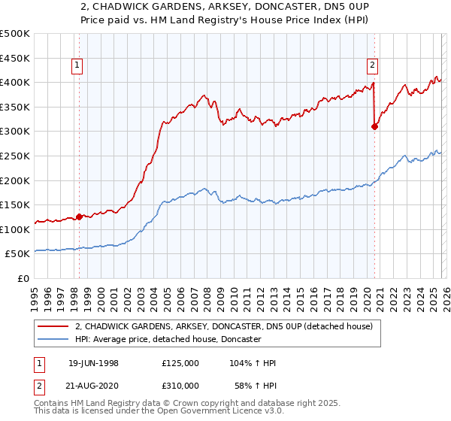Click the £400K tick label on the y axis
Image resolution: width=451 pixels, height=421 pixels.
15,82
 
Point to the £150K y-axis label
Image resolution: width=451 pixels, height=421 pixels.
15,204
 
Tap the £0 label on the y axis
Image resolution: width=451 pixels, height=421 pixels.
23,278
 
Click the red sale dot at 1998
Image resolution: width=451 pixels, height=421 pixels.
79,217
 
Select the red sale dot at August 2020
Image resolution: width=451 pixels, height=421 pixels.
374,126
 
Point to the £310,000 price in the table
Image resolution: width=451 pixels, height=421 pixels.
180,385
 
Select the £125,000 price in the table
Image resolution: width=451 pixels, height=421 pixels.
180,363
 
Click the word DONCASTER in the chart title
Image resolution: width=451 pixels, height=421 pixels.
280,8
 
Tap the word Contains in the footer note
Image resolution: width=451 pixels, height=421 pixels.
53,403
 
